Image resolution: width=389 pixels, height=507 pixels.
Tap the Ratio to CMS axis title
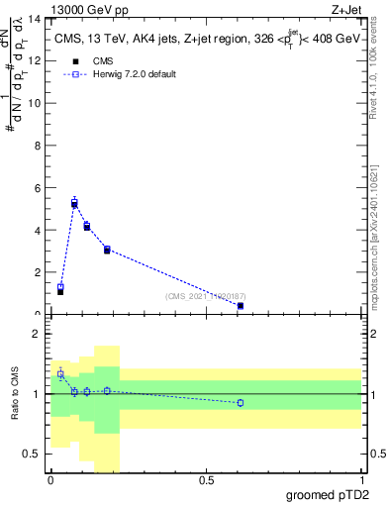pyautogui.click(x=15, y=394)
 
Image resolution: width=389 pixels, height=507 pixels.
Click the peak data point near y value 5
pyautogui.click(x=74, y=203)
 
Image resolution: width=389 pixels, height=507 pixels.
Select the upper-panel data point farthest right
pyautogui.click(x=241, y=305)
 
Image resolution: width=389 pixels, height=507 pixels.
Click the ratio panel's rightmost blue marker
pyautogui.click(x=241, y=402)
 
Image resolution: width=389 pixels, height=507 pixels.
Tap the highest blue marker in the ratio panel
pyautogui.click(x=60, y=374)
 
